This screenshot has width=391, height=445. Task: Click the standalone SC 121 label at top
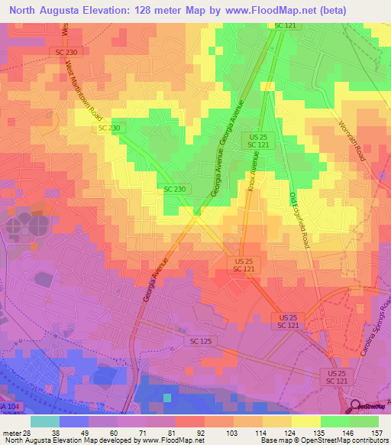(283, 26)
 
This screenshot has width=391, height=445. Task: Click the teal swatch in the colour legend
(44, 421)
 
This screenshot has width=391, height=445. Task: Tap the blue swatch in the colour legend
(74, 421)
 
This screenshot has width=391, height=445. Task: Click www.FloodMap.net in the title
(249, 11)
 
